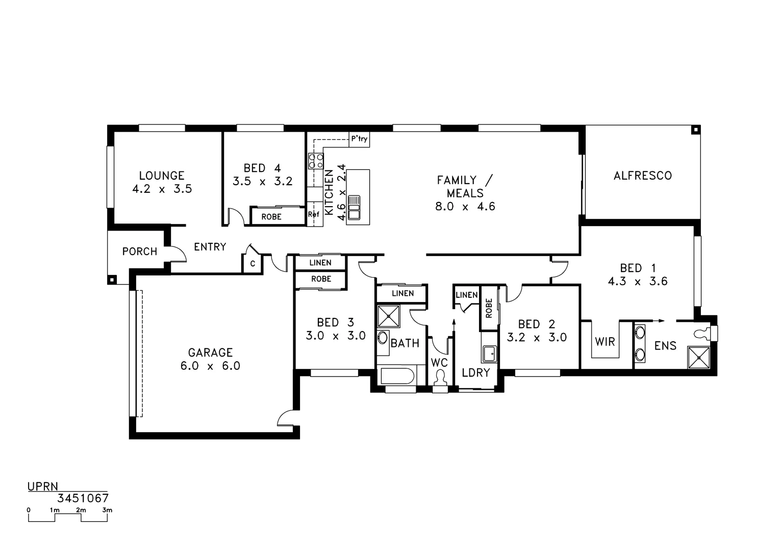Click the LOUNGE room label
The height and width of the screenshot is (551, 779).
click(161, 176)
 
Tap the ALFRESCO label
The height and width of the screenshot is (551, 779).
click(642, 176)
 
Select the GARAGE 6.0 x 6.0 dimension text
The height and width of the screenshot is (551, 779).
click(210, 366)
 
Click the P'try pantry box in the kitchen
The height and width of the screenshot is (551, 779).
click(359, 139)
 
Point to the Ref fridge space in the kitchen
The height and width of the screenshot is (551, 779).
click(314, 215)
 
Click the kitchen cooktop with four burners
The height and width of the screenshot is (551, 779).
click(315, 161)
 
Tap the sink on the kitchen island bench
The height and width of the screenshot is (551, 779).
click(354, 208)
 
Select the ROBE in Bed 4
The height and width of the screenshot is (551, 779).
click(271, 216)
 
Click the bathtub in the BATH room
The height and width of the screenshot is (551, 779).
click(396, 377)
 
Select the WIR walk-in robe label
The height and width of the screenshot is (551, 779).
click(605, 341)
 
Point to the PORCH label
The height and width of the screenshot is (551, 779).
click(139, 252)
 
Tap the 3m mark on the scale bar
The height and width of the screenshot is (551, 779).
click(107, 510)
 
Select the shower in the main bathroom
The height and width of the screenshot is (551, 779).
click(389, 316)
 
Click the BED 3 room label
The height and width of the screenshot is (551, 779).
click(335, 322)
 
